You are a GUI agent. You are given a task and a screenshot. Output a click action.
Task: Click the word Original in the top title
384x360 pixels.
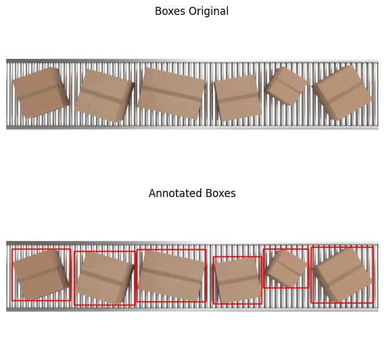click(x=208, y=12)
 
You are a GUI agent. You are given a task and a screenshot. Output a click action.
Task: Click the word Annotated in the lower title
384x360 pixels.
click(x=175, y=193)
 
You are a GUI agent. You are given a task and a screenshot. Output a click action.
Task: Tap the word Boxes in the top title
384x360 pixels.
click(x=170, y=11)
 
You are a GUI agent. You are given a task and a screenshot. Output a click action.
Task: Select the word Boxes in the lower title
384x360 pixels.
click(x=220, y=193)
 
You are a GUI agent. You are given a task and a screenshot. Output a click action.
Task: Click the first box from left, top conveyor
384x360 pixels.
click(x=40, y=93)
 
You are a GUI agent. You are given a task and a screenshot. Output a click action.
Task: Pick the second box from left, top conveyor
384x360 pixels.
click(x=105, y=95)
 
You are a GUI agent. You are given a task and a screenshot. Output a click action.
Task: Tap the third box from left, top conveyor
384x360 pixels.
click(x=171, y=94)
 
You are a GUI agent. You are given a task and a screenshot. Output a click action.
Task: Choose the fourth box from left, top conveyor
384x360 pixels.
click(x=238, y=97)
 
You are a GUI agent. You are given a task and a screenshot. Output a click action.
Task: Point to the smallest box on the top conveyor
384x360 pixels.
click(x=286, y=86)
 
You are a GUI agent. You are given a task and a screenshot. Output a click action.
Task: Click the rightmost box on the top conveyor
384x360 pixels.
click(x=342, y=93)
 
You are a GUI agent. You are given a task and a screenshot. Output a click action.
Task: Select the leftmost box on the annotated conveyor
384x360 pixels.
click(x=41, y=274)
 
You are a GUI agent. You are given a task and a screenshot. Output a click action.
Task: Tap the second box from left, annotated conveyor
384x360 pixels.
click(x=105, y=278)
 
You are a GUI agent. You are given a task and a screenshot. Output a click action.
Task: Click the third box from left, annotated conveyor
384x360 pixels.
click(x=172, y=276)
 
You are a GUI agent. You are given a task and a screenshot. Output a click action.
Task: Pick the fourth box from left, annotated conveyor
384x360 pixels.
click(x=238, y=280)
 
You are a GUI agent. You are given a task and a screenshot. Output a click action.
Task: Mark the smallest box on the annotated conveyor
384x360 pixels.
click(x=286, y=268)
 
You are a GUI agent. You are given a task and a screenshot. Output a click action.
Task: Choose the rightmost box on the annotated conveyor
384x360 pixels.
click(x=342, y=275)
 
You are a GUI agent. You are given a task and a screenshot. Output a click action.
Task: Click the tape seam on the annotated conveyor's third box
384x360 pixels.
click(x=172, y=275)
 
